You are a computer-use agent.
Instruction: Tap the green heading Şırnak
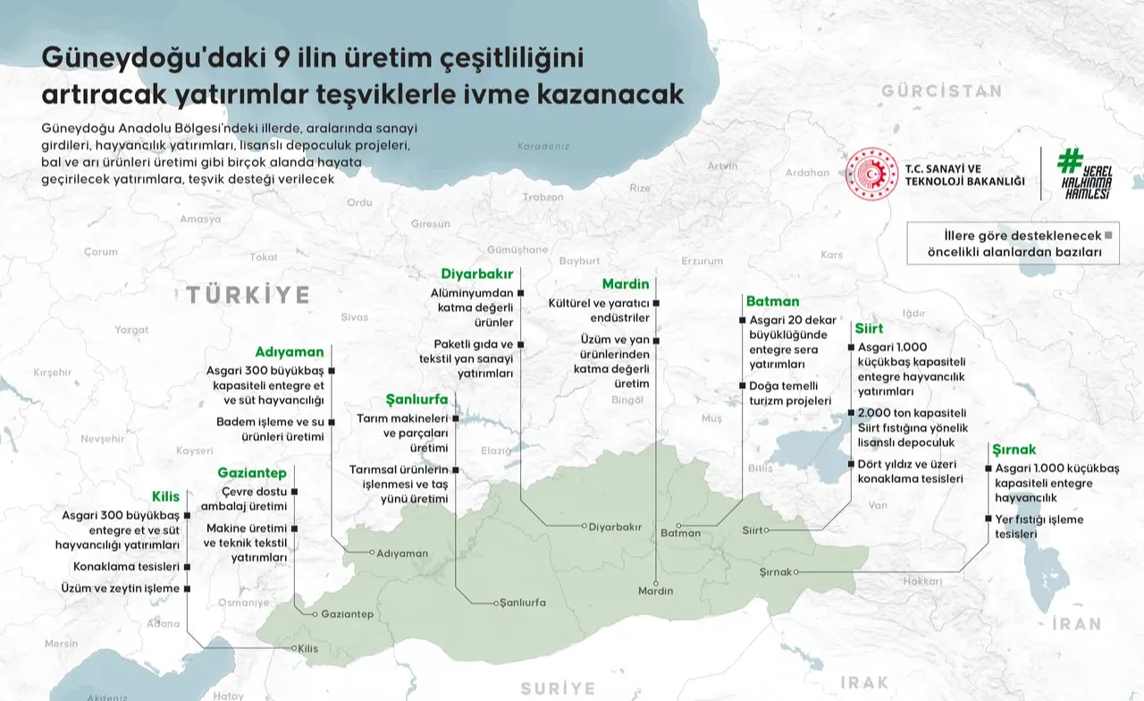click(1014, 449)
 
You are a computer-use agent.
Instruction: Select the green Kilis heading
click(165, 495)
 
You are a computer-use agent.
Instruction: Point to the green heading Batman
click(772, 301)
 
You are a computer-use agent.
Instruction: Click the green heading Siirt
click(868, 328)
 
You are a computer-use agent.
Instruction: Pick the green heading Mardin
click(625, 284)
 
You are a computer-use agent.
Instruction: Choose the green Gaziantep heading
click(252, 472)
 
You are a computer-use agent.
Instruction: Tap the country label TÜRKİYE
click(248, 295)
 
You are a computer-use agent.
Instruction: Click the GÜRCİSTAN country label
click(941, 90)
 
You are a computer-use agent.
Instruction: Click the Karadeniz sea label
click(543, 146)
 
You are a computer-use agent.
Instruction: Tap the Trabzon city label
click(543, 197)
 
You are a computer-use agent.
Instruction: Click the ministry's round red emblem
click(871, 173)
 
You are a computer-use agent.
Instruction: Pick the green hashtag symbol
click(1071, 160)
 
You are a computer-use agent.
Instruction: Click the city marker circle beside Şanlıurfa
click(496, 604)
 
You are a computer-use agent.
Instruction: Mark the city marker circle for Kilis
click(296, 648)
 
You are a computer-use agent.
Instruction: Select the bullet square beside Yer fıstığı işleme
click(987, 519)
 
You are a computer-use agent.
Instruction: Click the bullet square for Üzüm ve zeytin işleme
click(188, 588)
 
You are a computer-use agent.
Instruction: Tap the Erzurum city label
click(702, 261)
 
